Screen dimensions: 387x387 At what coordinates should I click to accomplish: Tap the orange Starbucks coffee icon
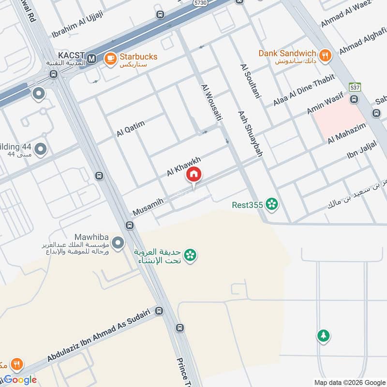pyautogui.click(x=110, y=59)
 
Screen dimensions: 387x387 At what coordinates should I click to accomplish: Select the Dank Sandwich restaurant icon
pyautogui.click(x=326, y=55)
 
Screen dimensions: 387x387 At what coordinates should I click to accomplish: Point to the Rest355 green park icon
pyautogui.click(x=272, y=205)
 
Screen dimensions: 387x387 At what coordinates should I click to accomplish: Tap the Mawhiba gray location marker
pyautogui.click(x=118, y=242)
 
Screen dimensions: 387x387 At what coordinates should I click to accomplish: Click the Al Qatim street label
pyautogui.click(x=131, y=129)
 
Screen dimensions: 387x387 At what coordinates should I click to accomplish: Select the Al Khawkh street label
pyautogui.click(x=183, y=166)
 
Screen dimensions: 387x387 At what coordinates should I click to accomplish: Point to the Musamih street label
pyautogui.click(x=148, y=207)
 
